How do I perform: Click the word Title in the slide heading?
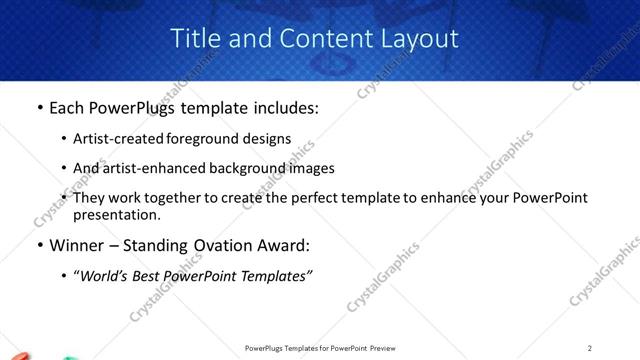[195, 39]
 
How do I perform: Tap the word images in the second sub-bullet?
[311, 168]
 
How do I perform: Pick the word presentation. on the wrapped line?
[116, 214]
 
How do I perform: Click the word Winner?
[79, 245]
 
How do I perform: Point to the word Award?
[288, 245]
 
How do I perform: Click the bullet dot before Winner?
[39, 245]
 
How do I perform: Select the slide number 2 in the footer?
[590, 348]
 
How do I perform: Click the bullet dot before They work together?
[65, 198]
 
